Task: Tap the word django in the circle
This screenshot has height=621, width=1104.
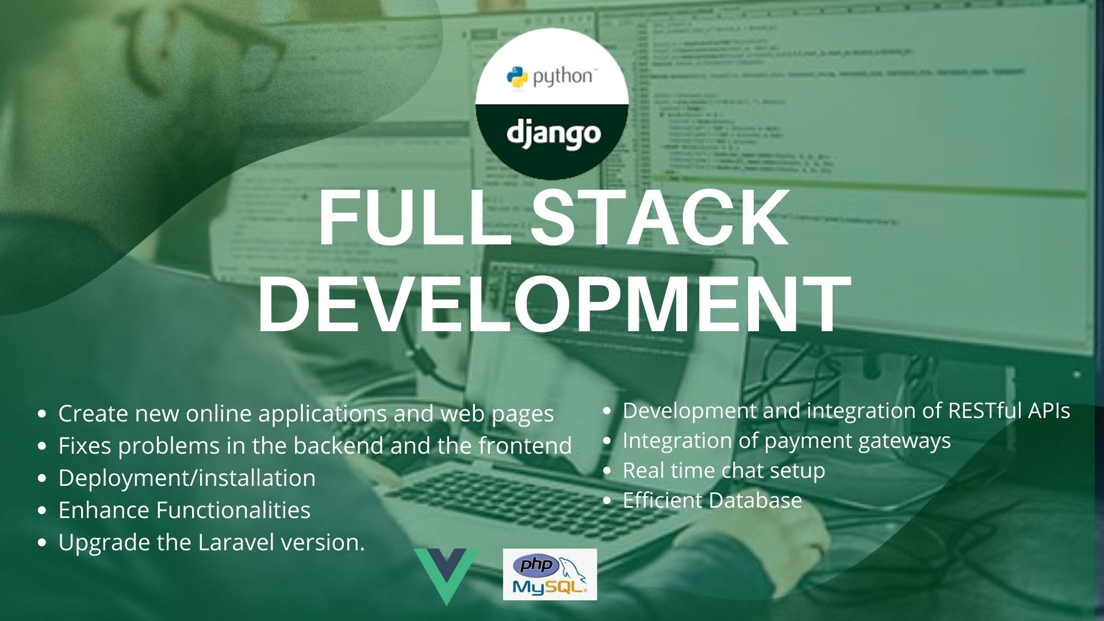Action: click(x=554, y=135)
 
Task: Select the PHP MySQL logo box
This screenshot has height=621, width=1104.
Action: click(x=550, y=574)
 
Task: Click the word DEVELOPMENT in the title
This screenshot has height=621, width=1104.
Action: click(x=554, y=304)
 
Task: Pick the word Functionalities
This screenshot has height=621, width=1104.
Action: click(x=233, y=510)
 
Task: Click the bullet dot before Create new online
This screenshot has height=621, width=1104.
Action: click(x=41, y=414)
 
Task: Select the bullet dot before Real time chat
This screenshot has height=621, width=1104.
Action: click(x=607, y=471)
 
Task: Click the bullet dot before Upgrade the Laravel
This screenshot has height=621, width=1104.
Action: click(x=41, y=543)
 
